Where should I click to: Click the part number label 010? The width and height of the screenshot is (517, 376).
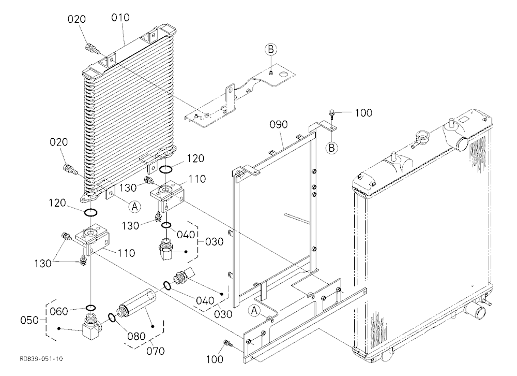point(120,18)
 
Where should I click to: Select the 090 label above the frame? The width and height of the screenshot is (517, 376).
point(279,125)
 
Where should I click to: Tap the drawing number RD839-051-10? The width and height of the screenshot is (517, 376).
point(41,359)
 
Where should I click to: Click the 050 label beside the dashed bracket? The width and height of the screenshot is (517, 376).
point(29,320)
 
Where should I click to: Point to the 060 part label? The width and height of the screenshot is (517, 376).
point(59,311)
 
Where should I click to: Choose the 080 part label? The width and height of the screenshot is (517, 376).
point(136,336)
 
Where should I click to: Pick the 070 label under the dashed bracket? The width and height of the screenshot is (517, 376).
point(155,351)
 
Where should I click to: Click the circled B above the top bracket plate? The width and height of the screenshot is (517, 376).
point(271,50)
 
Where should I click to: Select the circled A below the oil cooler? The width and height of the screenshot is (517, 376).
point(134,207)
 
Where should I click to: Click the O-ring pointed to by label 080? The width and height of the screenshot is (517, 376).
point(112,317)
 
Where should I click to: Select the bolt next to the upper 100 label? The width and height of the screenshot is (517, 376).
point(332,114)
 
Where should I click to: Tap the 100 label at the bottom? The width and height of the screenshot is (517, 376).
point(215,359)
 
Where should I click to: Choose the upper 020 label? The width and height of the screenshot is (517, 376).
point(77,19)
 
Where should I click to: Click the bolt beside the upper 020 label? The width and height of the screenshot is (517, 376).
point(93,48)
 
